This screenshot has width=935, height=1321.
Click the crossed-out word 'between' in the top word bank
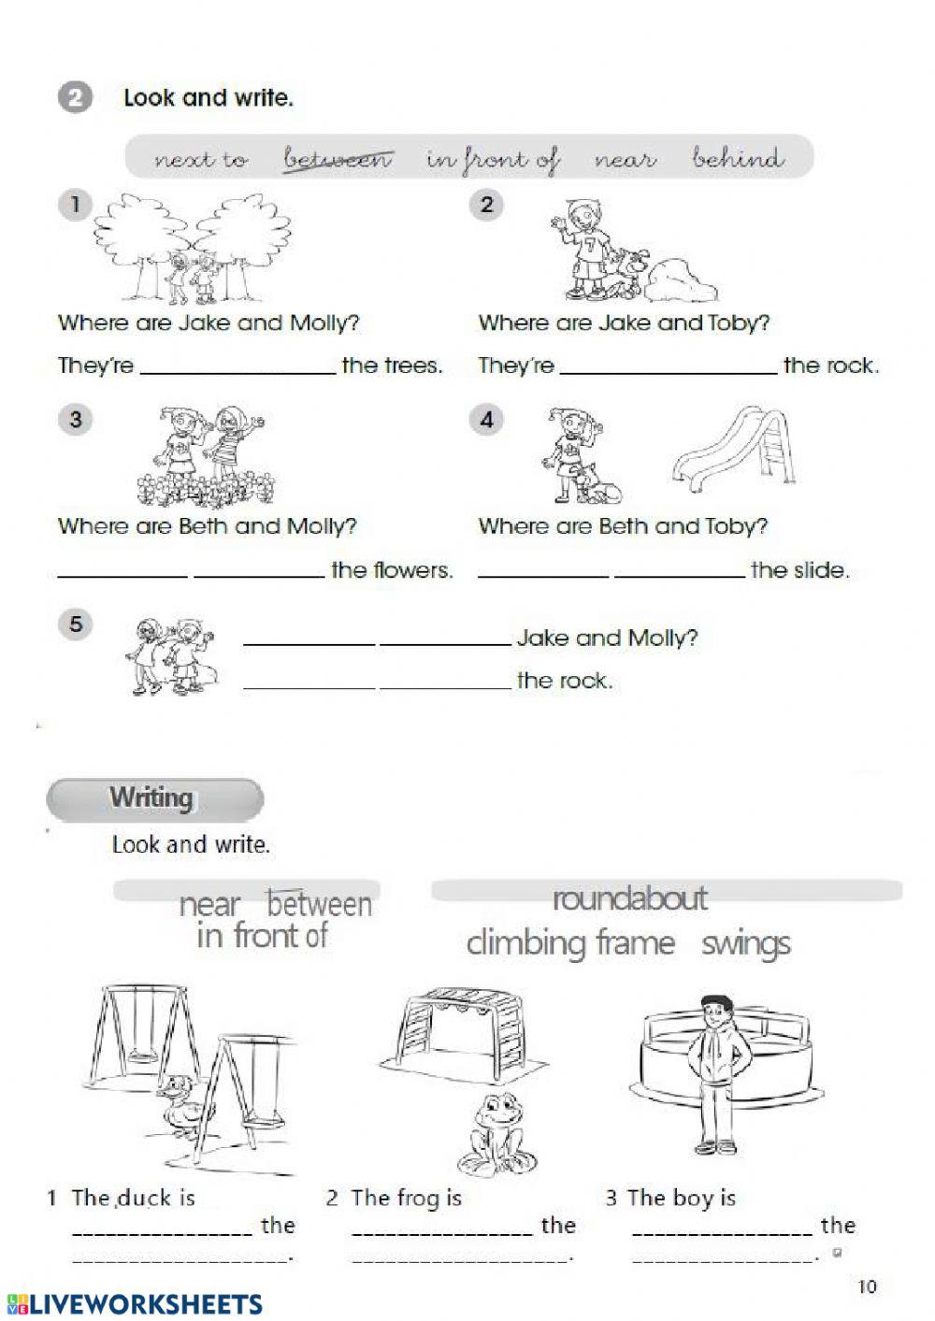[x=338, y=159]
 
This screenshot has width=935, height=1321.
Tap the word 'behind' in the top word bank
[x=738, y=158]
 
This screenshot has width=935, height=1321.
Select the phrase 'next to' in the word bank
[x=201, y=160]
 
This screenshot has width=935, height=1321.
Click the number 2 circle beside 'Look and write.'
[x=75, y=97]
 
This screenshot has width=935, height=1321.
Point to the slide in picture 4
[x=735, y=449]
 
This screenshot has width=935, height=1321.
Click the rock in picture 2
[x=682, y=280]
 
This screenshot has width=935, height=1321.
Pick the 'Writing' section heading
[x=152, y=798]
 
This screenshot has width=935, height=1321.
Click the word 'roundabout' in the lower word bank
[x=629, y=898]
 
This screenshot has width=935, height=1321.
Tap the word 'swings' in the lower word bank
[x=745, y=943]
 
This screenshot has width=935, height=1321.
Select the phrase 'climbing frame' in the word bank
[x=570, y=942]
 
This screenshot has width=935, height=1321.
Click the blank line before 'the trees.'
[x=237, y=366]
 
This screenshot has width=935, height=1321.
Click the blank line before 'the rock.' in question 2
[x=667, y=366]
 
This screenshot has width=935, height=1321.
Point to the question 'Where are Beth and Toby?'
[x=623, y=526]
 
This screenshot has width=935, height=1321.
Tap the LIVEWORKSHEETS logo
[x=134, y=1304]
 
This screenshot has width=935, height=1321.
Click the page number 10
[x=867, y=1286]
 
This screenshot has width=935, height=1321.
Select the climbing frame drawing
[x=460, y=1033]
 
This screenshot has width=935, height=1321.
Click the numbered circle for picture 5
[x=77, y=624]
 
